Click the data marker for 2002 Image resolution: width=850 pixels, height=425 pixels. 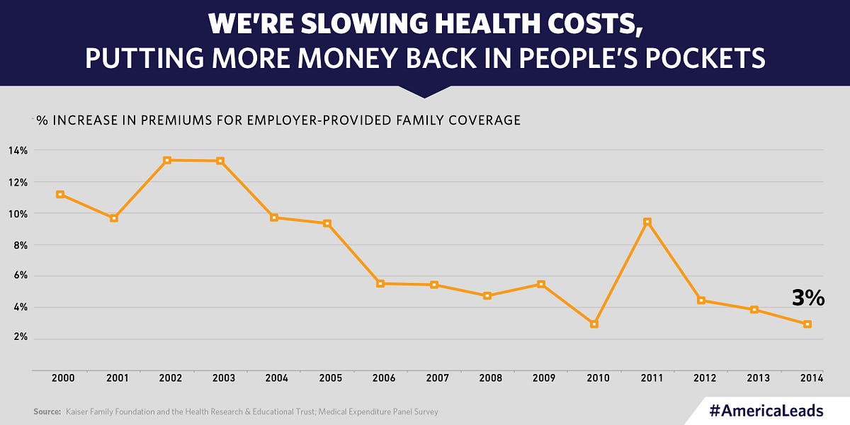pyautogui.click(x=167, y=160)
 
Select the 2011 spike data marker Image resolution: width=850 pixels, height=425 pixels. pyautogui.click(x=647, y=222)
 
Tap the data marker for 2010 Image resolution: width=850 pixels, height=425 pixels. pyautogui.click(x=594, y=324)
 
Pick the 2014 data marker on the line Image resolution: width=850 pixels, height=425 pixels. pyautogui.click(x=807, y=324)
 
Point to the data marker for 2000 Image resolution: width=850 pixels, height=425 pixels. pyautogui.click(x=60, y=194)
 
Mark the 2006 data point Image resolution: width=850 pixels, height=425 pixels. pyautogui.click(x=380, y=283)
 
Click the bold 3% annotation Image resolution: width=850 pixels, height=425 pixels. pyautogui.click(x=807, y=299)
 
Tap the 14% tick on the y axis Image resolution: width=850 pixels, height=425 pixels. pyautogui.click(x=18, y=150)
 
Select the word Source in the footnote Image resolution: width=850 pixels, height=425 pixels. pyautogui.click(x=46, y=412)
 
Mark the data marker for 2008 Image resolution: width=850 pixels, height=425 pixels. pyautogui.click(x=487, y=295)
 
